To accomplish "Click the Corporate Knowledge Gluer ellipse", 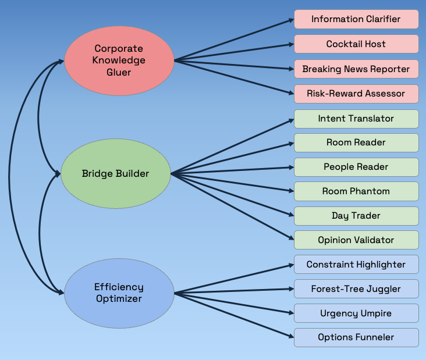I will click(119, 60).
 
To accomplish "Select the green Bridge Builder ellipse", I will click(115, 173).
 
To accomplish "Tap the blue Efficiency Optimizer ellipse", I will click(119, 293).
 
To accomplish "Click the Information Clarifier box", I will click(356, 19).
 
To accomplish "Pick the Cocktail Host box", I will click(356, 44).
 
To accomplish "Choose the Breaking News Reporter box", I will click(356, 69).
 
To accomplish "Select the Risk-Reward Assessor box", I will click(356, 94).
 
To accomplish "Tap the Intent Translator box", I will click(356, 119).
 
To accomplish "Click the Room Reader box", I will click(356, 142).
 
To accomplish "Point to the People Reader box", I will click(356, 167).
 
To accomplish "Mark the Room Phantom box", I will click(356, 191).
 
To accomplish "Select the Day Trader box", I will click(356, 216).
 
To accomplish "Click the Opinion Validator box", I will click(356, 240).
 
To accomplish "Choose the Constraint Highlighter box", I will click(356, 265).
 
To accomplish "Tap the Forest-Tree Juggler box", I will click(356, 289).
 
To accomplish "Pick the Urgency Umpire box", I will click(356, 313).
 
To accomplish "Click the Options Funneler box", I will click(356, 337).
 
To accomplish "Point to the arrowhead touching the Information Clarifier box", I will click(291, 20).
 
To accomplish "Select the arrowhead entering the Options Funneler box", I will click(291, 336).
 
